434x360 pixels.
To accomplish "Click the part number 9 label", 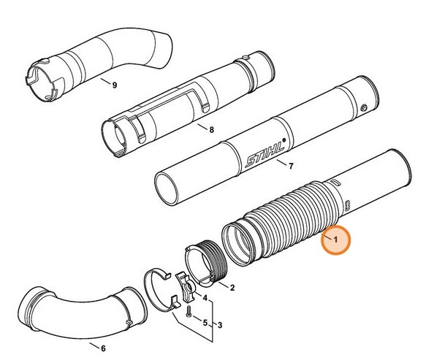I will pos(114,85).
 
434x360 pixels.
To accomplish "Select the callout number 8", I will pos(211,131).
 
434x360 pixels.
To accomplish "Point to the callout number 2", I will pos(232,288).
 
